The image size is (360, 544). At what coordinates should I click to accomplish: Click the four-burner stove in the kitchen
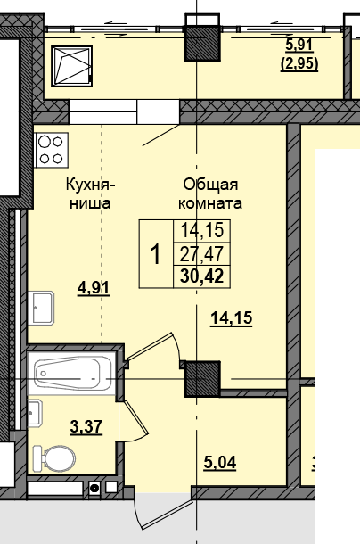click(x=50, y=149)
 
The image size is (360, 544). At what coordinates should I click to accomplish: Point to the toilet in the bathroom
click(x=53, y=458)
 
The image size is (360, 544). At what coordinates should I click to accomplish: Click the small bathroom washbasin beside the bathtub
click(x=35, y=414)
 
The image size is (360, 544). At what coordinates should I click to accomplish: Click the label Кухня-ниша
click(x=89, y=194)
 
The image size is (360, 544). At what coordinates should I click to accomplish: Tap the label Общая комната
click(x=210, y=194)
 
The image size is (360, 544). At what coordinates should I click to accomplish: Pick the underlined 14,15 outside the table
click(x=231, y=317)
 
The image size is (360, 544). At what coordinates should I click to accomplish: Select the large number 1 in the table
click(x=155, y=254)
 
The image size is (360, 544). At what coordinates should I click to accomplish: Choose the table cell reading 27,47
click(x=201, y=253)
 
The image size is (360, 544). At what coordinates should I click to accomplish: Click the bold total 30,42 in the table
click(x=201, y=275)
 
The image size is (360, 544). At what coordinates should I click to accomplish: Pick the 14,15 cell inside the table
click(x=201, y=232)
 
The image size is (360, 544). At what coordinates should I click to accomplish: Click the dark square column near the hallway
click(x=201, y=378)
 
